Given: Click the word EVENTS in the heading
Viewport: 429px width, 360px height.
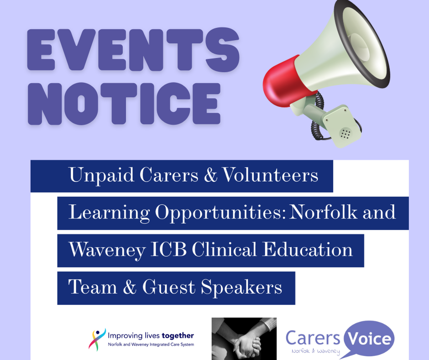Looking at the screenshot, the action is coord(134,50).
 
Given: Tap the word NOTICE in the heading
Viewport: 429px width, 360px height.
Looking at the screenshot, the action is coord(124,104).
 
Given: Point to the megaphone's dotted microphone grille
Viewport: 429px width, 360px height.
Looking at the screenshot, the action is coord(345,133).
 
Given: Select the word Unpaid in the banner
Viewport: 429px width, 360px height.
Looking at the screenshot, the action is coord(101,175).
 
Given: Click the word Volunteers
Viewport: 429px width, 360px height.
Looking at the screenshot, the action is coord(270,175).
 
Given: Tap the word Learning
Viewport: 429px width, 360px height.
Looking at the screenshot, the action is coord(109,213).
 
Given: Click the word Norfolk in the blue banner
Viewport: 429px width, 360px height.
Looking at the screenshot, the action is coord(324,212).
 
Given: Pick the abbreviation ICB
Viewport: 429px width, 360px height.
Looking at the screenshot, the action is coord(168,249).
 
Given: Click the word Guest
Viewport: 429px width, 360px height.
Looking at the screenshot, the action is coord(168,287).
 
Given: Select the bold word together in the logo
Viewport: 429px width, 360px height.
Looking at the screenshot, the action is coord(178,336).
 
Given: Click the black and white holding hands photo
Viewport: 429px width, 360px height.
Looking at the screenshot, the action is coord(244,339).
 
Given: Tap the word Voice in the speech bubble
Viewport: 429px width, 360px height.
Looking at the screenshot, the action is coord(369,339).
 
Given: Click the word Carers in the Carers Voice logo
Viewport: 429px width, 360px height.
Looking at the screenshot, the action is coord(313,338).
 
